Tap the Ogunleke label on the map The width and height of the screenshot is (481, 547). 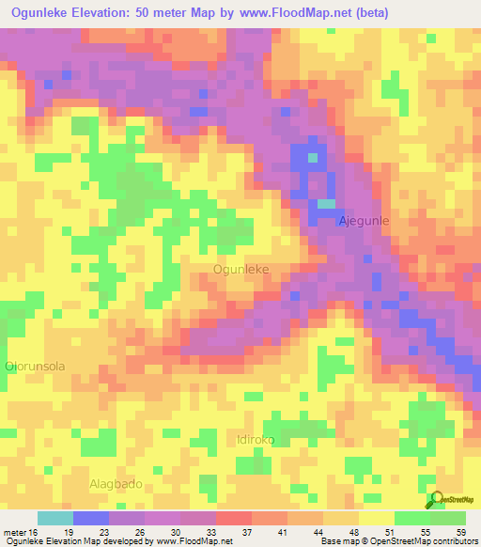point(241,269)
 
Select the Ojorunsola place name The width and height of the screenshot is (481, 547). point(35,366)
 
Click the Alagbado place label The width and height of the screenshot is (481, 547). point(116,483)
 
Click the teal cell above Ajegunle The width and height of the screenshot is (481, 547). point(325,203)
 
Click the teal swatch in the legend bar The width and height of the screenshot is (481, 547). point(55,518)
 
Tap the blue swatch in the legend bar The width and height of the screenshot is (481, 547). point(91,518)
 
